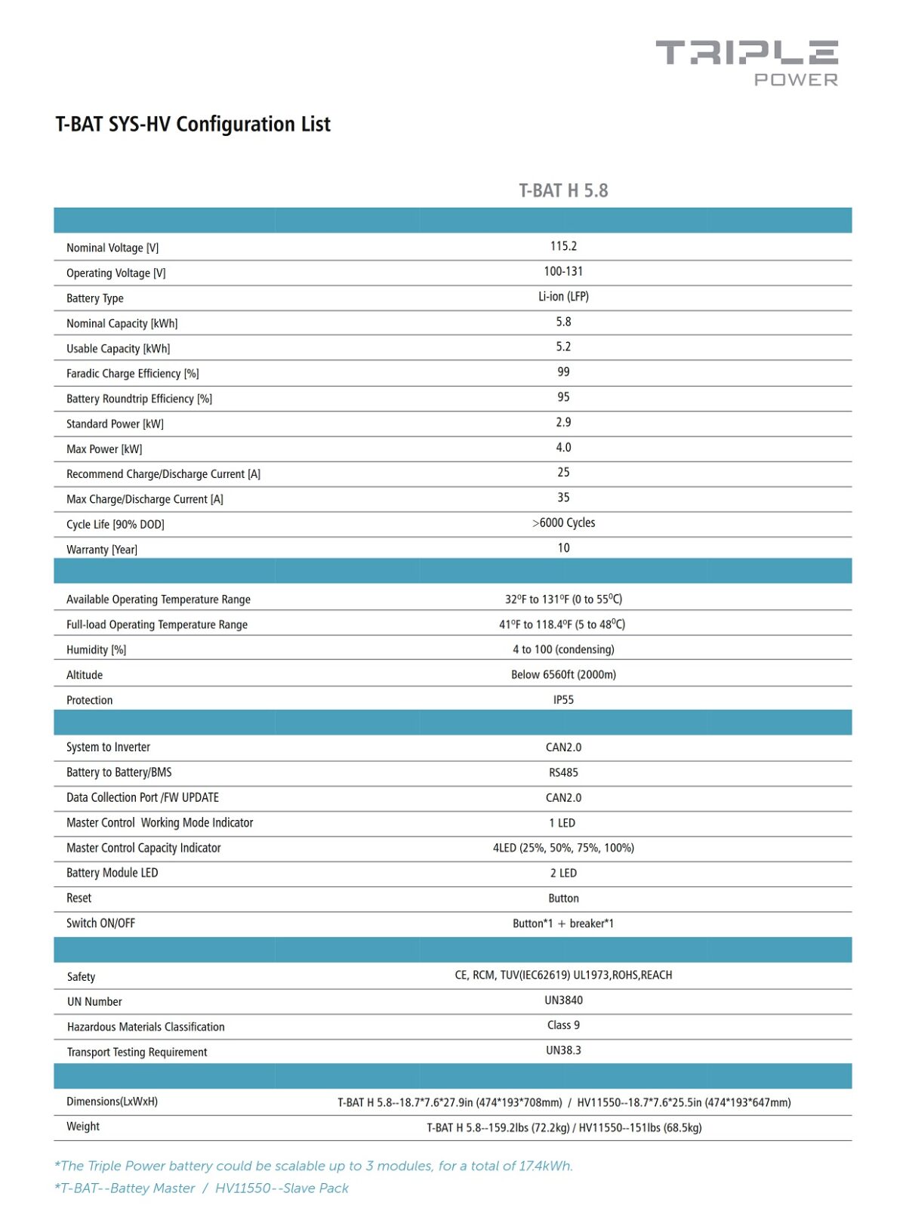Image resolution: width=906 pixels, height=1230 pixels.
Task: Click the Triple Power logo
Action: pyautogui.click(x=747, y=63)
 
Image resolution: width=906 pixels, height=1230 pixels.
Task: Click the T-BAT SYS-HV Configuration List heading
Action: pyautogui.click(x=193, y=124)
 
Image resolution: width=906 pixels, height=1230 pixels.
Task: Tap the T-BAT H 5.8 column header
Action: pyautogui.click(x=563, y=190)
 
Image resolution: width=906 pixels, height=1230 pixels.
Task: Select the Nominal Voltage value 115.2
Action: pyautogui.click(x=563, y=246)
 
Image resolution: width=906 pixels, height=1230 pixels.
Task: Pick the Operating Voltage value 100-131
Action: pyautogui.click(x=563, y=271)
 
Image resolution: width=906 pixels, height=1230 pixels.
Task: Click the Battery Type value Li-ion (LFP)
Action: pyautogui.click(x=563, y=297)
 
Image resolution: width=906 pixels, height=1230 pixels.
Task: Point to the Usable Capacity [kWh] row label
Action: pyautogui.click(x=119, y=349)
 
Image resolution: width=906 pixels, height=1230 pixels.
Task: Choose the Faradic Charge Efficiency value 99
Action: pyautogui.click(x=563, y=372)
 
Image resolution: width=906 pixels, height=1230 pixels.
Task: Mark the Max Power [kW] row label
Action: pyautogui.click(x=104, y=449)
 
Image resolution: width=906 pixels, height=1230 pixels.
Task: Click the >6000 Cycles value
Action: pyautogui.click(x=563, y=523)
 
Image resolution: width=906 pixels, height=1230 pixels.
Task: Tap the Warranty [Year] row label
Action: pyautogui.click(x=102, y=550)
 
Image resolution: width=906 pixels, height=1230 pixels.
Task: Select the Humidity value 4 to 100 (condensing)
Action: pyautogui.click(x=563, y=649)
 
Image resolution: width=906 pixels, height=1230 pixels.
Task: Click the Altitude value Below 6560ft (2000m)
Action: pyautogui.click(x=563, y=675)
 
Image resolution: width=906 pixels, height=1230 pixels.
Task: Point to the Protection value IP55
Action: pyautogui.click(x=563, y=700)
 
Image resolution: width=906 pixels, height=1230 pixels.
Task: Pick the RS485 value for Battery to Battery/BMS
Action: pyautogui.click(x=563, y=772)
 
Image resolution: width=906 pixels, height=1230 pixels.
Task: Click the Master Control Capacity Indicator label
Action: pyautogui.click(x=143, y=848)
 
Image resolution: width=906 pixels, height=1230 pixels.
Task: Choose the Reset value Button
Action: pyautogui.click(x=563, y=899)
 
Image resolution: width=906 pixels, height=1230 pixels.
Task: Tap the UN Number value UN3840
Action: pyautogui.click(x=563, y=1000)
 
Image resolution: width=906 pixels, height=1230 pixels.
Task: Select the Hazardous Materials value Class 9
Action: pyautogui.click(x=563, y=1025)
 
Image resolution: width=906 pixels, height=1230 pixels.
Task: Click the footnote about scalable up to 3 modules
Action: pyautogui.click(x=313, y=1166)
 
